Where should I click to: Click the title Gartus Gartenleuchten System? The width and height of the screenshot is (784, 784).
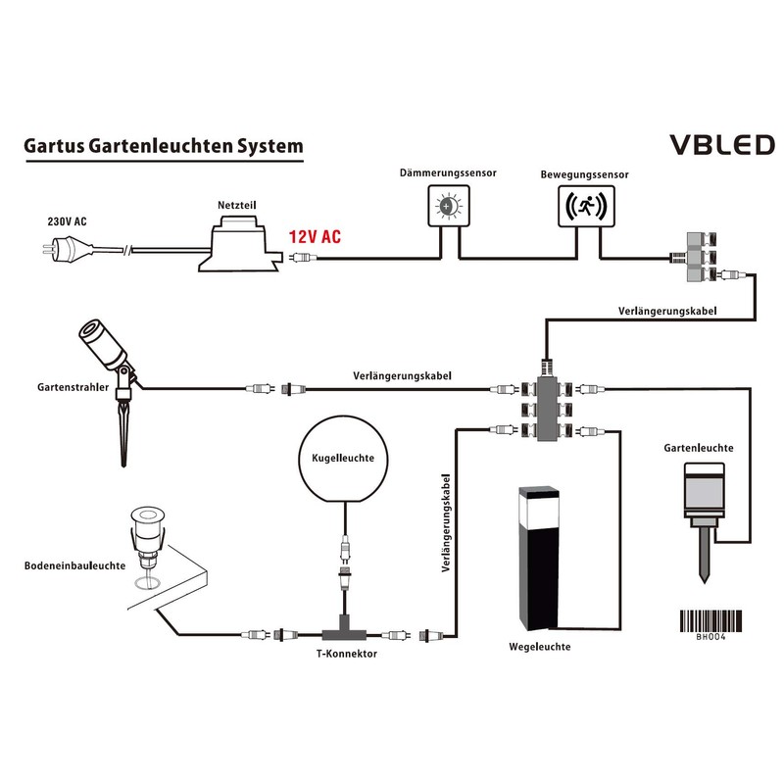[x=163, y=146]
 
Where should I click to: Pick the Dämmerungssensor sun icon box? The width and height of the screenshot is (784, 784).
[x=449, y=206]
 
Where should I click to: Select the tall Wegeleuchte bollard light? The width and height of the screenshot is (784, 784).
[x=535, y=559]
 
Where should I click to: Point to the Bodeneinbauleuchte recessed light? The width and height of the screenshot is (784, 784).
[x=148, y=539]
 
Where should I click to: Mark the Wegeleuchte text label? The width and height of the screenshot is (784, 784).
[x=539, y=648]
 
